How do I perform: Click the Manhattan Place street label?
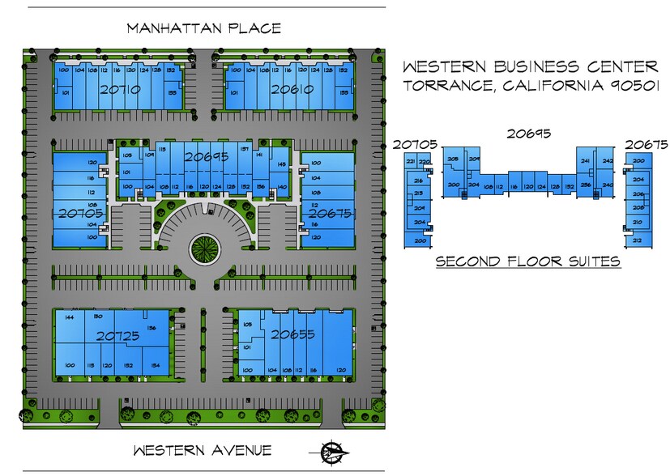tap(203, 28)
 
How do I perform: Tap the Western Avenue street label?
tap(203, 451)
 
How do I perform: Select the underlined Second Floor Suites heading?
tap(528, 261)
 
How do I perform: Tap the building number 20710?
tap(120, 90)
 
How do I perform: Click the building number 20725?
tap(118, 335)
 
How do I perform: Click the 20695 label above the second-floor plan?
tap(529, 134)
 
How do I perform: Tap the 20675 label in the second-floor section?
tap(646, 145)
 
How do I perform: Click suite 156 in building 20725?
tap(151, 328)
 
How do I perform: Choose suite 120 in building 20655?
tap(341, 369)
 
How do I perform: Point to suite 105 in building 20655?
tap(247, 325)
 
